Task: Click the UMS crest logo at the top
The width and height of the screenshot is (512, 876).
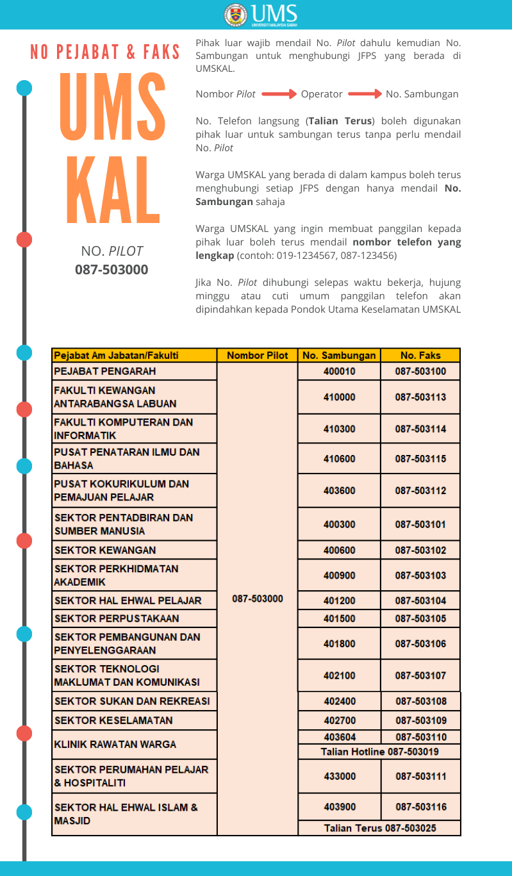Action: (x=235, y=14)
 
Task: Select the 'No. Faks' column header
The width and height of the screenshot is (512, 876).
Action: (x=420, y=355)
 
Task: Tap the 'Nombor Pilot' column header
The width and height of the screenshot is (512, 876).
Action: (x=258, y=355)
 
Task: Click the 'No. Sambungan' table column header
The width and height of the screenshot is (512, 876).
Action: (x=339, y=355)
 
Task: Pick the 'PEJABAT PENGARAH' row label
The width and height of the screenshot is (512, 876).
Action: (x=105, y=371)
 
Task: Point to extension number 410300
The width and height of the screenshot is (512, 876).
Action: (x=339, y=429)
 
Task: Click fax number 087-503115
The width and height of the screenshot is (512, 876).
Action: (x=420, y=459)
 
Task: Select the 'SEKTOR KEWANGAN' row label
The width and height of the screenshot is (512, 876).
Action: (x=105, y=550)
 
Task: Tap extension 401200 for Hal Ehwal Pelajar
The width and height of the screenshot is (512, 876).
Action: (x=339, y=600)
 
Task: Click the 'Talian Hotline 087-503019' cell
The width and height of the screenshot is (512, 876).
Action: (x=379, y=752)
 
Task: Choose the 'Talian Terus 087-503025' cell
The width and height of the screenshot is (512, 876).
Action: (x=379, y=828)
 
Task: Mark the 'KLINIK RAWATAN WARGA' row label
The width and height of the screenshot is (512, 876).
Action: (x=115, y=745)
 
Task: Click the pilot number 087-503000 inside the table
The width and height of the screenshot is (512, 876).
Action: (x=258, y=599)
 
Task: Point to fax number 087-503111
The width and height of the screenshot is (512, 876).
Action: (x=420, y=776)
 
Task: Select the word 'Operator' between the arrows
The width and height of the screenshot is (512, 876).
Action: (x=322, y=94)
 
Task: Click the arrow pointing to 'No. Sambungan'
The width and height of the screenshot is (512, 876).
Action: (x=365, y=94)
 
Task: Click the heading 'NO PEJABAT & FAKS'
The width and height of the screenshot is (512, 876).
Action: (x=106, y=53)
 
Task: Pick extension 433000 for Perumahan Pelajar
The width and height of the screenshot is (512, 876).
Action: (x=339, y=776)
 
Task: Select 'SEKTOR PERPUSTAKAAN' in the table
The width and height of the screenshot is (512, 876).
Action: (x=117, y=618)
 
